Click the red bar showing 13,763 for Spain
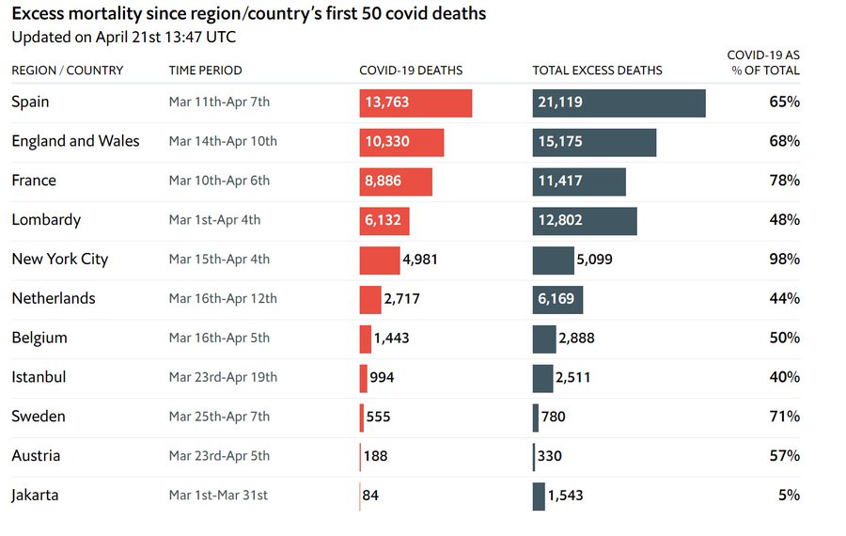click(415, 103)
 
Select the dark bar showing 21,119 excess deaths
click(619, 103)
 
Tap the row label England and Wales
click(75, 141)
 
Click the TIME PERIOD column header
click(205, 71)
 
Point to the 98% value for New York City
click(785, 260)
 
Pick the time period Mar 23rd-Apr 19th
click(223, 377)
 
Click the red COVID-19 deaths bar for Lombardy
click(384, 221)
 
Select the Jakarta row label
click(35, 496)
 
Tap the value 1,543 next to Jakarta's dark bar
click(566, 496)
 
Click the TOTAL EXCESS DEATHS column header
click(597, 71)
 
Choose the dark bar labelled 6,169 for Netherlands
click(557, 300)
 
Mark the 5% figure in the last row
click(789, 495)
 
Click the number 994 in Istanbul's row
click(382, 377)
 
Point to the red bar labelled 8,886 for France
click(396, 181)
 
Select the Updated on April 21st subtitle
click(123, 37)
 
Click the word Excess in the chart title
click(39, 13)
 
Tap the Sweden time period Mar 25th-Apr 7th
click(219, 417)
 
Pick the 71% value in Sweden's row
click(785, 417)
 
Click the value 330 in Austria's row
click(549, 456)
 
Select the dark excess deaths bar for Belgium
click(544, 339)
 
